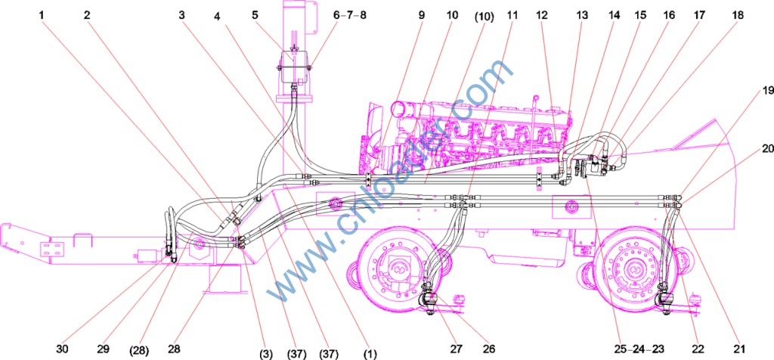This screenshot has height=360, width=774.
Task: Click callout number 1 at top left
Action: click(x=42, y=15)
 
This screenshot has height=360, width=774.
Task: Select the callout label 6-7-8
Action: click(x=349, y=15)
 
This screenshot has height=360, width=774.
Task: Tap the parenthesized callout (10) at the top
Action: click(x=484, y=15)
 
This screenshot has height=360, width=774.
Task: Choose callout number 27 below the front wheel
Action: click(x=456, y=349)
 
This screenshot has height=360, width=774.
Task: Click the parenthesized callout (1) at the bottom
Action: click(x=370, y=354)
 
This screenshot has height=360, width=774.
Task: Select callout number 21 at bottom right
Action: click(x=738, y=349)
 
